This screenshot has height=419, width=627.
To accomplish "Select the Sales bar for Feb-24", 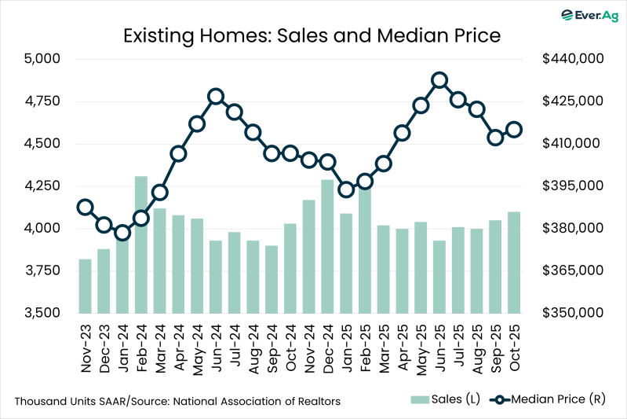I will [141, 244].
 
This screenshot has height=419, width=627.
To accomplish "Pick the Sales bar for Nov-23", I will [85, 285].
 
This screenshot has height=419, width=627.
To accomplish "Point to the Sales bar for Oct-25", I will [514, 262].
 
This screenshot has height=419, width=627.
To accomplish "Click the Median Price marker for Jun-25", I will [439, 80].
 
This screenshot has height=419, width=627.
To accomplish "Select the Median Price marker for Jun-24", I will [216, 97].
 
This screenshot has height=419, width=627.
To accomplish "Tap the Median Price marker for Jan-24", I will [122, 233].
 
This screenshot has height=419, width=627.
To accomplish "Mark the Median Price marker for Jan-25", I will [346, 189].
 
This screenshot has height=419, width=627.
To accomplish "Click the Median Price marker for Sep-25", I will [495, 138].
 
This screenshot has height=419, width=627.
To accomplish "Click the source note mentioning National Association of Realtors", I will [177, 401].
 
